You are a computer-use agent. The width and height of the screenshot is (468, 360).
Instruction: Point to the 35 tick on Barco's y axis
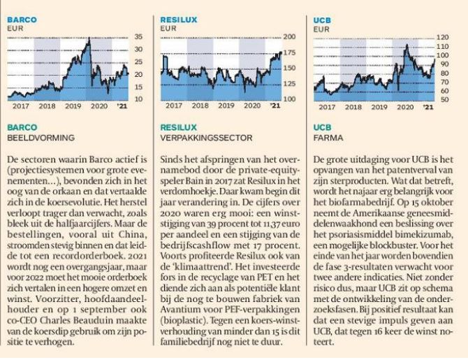coord(138,36)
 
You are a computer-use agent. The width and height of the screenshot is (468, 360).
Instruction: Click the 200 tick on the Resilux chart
coord(291,36)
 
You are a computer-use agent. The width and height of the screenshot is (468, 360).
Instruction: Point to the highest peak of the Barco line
coord(88,40)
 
